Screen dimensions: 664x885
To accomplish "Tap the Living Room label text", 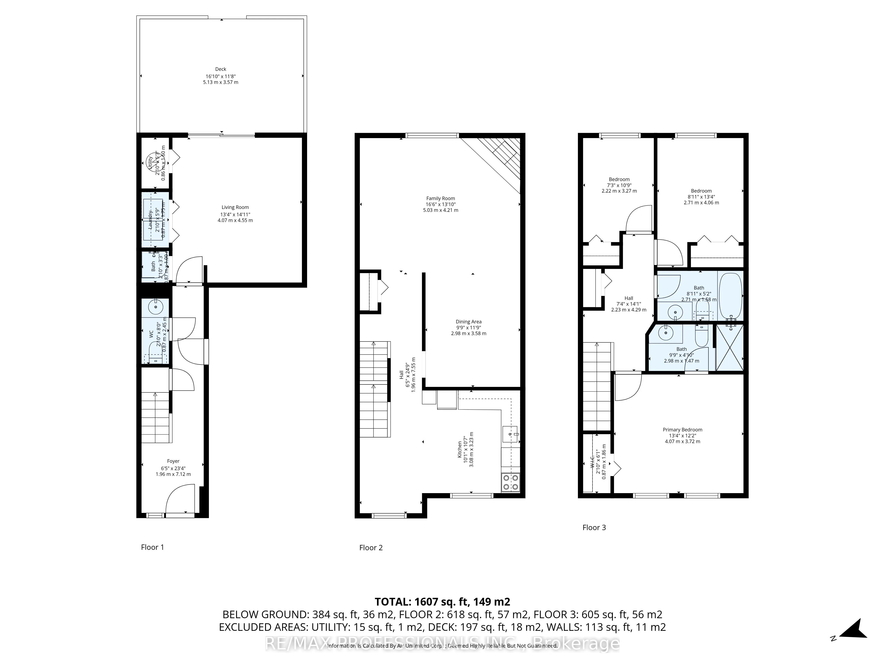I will tap(235, 207).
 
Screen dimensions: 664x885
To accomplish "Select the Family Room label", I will tap(441, 199).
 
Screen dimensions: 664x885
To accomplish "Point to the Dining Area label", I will tap(469, 322).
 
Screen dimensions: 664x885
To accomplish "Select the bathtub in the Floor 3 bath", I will tap(731, 295).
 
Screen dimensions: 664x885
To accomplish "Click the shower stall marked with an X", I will tap(730, 348).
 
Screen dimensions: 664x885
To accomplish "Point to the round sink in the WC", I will tap(155, 307).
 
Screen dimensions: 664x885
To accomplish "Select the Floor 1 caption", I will tap(152, 547).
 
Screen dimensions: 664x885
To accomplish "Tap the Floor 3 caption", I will tap(594, 527).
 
